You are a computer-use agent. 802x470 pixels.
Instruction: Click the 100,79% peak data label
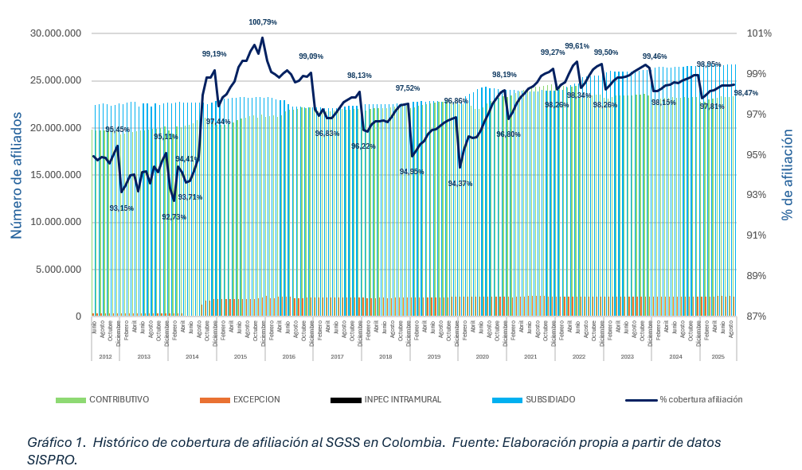tap(263, 22)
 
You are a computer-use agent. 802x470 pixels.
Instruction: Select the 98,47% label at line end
tap(746, 93)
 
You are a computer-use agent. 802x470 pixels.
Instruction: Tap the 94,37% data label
tap(460, 184)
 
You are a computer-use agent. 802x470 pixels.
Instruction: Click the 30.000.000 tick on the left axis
tap(54, 33)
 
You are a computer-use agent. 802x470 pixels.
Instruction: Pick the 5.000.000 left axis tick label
tap(57, 269)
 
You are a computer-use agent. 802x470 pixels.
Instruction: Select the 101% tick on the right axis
tap(760, 33)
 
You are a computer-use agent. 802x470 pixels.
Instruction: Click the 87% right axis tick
tap(760, 317)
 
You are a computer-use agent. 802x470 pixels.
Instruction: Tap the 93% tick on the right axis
tap(760, 195)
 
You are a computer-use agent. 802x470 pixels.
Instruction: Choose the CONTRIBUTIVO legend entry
tap(119, 399)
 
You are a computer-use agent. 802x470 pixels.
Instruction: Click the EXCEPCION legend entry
tap(256, 399)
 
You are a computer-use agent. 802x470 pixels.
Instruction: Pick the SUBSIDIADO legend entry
tap(550, 399)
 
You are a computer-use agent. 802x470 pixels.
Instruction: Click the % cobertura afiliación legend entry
tap(701, 399)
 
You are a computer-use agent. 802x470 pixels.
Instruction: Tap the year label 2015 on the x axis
tap(240, 356)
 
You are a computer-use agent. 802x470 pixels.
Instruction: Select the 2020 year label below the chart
tap(482, 356)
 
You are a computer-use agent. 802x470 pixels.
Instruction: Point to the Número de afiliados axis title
tap(16, 175)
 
